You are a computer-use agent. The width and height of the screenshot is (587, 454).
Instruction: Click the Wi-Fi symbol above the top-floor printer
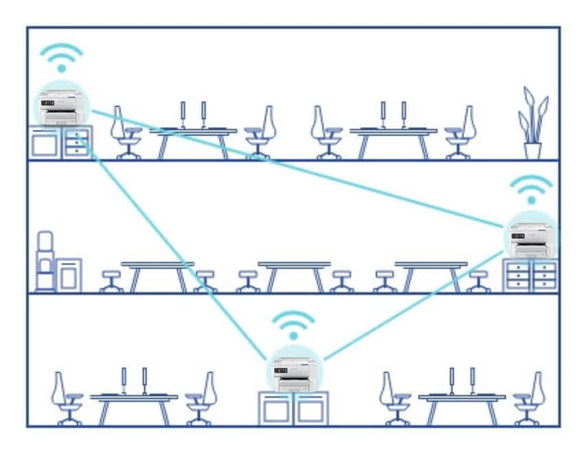pyautogui.click(x=62, y=58)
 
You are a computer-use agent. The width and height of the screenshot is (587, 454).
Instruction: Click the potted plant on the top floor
pyautogui.click(x=533, y=124)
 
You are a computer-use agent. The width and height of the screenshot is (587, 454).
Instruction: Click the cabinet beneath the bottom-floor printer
pyautogui.click(x=293, y=409)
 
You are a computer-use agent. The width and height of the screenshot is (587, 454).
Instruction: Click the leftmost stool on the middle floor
pyautogui.click(x=110, y=280)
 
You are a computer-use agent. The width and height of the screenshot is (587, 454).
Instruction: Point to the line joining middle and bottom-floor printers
pyautogui.click(x=411, y=305)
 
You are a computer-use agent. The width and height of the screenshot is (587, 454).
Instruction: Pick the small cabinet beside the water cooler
pyautogui.click(x=69, y=274)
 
